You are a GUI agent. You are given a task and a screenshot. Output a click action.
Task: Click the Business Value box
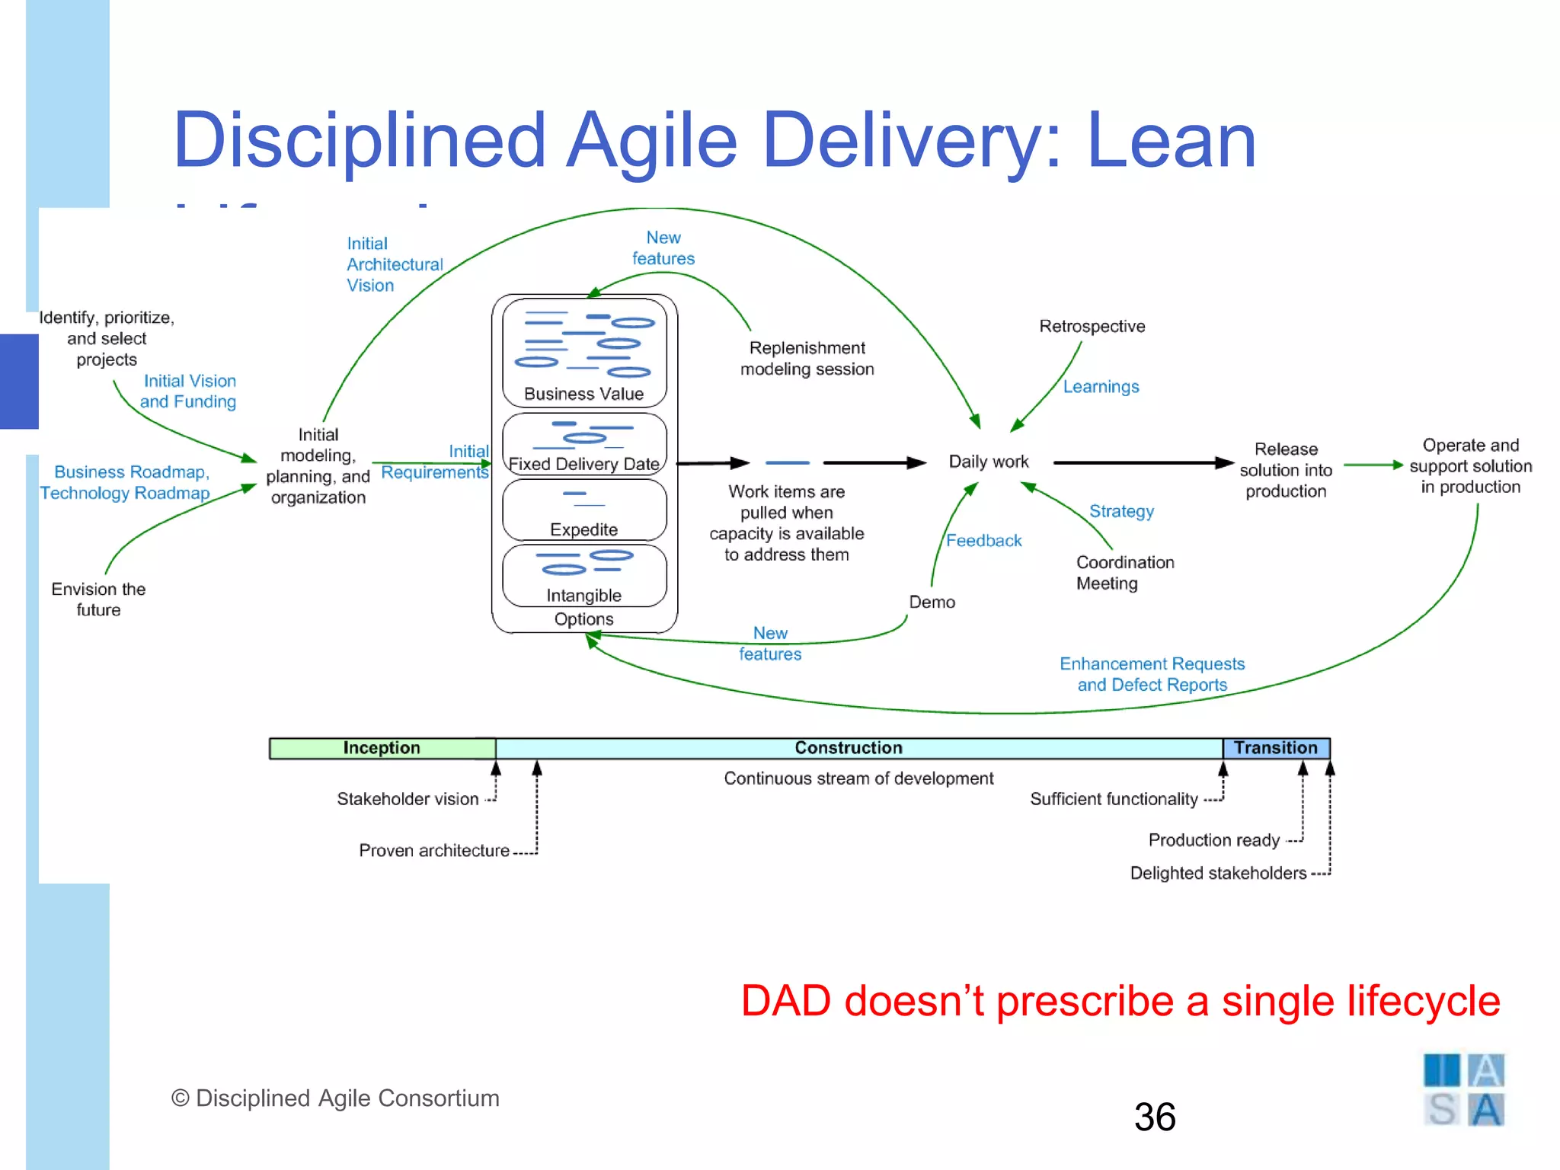[584, 353]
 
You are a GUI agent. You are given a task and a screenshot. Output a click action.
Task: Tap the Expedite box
[584, 510]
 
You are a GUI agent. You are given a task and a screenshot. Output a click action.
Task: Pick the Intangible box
[584, 576]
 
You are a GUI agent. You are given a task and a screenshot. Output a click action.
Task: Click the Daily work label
[988, 462]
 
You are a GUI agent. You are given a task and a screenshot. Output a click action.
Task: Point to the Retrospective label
[1092, 326]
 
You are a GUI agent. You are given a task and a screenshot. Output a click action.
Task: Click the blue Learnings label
[1101, 387]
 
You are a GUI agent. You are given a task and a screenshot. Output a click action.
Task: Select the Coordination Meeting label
[1124, 573]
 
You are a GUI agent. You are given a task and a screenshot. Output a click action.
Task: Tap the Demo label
[932, 603]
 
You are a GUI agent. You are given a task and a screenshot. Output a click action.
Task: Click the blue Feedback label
[983, 541]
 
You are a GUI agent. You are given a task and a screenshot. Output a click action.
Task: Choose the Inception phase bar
[382, 748]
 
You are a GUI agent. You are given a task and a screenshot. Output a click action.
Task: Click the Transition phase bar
[1276, 748]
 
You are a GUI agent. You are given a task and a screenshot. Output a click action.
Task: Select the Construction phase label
[848, 748]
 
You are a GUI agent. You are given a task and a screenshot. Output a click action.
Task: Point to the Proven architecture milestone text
[434, 851]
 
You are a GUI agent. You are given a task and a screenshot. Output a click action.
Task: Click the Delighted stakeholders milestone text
[1218, 874]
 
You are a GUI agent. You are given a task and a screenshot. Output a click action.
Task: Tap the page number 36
[1154, 1117]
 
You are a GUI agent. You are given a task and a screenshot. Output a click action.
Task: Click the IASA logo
[1463, 1090]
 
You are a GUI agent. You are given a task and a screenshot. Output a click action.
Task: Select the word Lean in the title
[1171, 141]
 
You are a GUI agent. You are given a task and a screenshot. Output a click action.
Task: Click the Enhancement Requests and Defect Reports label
[1152, 674]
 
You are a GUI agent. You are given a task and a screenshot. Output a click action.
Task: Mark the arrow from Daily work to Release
[1143, 462]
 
